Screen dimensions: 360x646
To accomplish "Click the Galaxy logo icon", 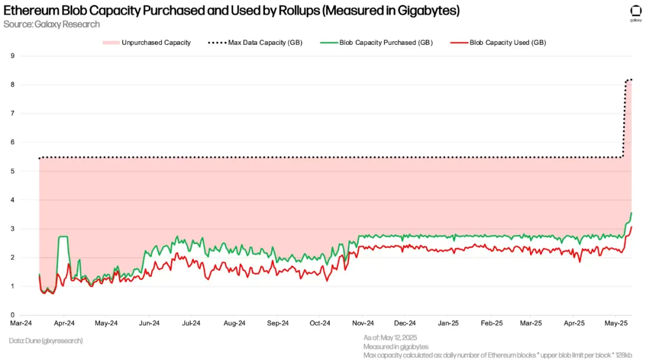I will [635, 11].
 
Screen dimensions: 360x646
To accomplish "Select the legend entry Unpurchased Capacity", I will [156, 42].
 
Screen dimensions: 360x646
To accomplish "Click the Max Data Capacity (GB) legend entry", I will [264, 42].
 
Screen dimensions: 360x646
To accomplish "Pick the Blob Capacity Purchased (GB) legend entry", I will [386, 42].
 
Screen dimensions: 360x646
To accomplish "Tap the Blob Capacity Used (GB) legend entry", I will [507, 42].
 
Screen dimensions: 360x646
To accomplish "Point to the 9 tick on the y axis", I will [12, 56].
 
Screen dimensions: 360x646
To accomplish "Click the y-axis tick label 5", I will [12, 171].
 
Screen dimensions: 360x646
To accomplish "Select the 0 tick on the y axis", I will [12, 315].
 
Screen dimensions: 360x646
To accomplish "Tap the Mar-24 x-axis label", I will [21, 324].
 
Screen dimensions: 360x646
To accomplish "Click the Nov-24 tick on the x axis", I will [362, 324].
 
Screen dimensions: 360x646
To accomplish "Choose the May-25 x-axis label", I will [616, 324].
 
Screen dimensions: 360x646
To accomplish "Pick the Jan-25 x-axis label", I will [447, 324].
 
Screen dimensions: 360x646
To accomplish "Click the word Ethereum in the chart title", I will [29, 11].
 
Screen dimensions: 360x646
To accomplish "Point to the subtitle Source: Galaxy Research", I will [51, 24].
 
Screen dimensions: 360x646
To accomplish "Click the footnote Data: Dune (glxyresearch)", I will [46, 340].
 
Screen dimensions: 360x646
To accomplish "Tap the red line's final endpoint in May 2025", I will [632, 227].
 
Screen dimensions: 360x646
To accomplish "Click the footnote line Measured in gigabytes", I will [396, 347].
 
